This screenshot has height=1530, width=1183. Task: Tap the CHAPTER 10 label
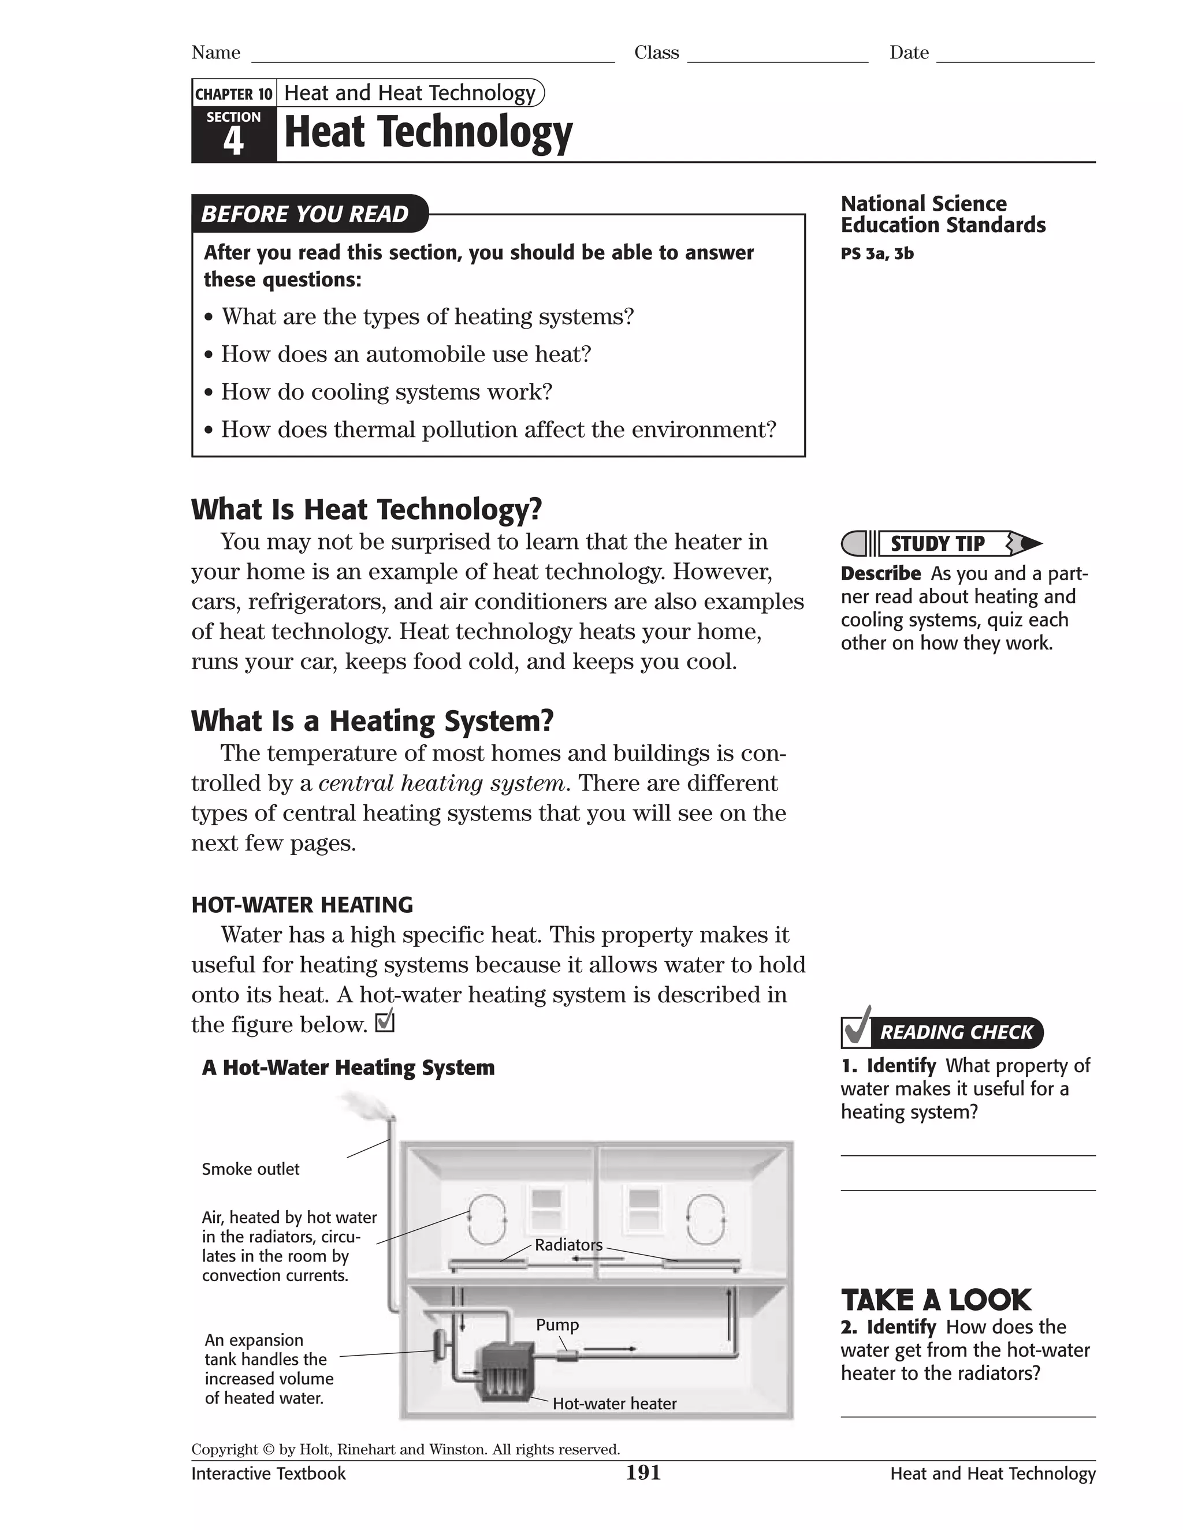[x=233, y=94]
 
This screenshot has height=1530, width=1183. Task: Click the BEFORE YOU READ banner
[x=306, y=214]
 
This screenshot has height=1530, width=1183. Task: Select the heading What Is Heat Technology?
[x=367, y=509]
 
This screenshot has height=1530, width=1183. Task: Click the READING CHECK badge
[x=943, y=1032]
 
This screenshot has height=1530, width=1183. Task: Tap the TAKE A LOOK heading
[x=936, y=1300]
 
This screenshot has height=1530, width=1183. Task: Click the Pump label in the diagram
[x=557, y=1324]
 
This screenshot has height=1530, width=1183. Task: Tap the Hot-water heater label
[x=614, y=1403]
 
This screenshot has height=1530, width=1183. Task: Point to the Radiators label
[x=568, y=1245]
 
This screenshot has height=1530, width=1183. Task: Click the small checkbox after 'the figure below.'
[x=385, y=1023]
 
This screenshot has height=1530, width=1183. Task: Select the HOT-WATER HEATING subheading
[x=302, y=904]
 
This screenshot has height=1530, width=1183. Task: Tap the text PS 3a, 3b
[x=877, y=253]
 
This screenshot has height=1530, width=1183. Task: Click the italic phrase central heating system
[x=441, y=783]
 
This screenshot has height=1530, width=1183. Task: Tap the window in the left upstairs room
[x=546, y=1211]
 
